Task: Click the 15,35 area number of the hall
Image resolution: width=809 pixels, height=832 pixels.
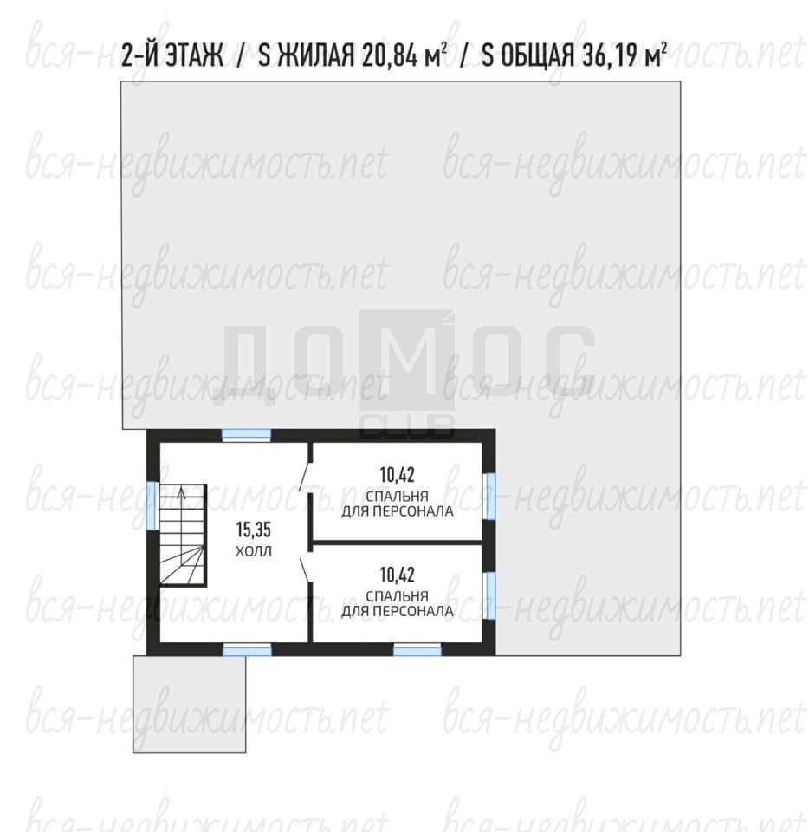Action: coord(254,530)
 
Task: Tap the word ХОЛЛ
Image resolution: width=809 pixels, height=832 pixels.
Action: coord(254,552)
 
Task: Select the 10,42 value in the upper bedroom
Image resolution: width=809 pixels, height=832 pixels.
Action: coord(397,474)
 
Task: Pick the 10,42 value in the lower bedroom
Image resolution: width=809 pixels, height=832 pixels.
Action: coord(397,574)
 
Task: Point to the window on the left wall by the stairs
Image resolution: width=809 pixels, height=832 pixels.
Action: coord(152,504)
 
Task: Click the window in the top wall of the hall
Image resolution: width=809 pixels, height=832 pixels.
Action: coord(246,435)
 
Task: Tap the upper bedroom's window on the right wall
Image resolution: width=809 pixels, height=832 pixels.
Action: coord(490,497)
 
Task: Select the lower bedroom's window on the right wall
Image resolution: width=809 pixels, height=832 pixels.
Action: coord(490,596)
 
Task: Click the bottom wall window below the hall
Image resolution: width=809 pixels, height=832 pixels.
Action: coord(247,650)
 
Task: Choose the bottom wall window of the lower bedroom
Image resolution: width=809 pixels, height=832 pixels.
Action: coord(417,650)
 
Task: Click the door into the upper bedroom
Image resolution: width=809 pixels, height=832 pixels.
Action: coord(304,476)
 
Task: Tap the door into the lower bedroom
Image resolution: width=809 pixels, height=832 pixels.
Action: coord(306,569)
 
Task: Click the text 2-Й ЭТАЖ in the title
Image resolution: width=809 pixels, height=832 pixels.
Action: coord(172,55)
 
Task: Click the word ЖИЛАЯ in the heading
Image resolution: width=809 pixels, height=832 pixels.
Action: coord(316,55)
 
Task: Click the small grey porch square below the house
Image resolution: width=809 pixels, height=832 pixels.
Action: coord(190,705)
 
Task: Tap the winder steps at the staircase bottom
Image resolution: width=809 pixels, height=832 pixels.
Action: coord(183,566)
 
